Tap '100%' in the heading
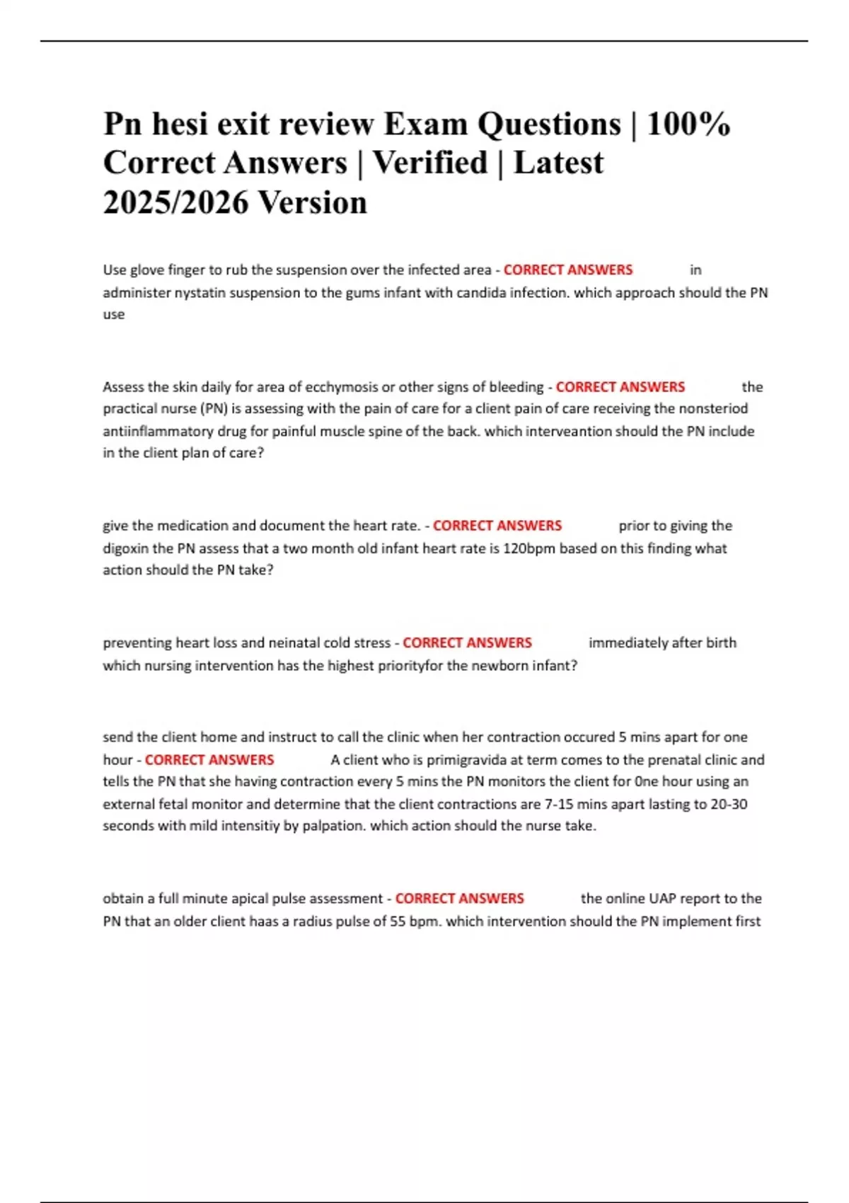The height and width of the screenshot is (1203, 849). coord(688,125)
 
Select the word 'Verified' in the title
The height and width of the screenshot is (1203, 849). coord(430,163)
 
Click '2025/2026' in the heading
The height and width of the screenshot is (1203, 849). coord(175,203)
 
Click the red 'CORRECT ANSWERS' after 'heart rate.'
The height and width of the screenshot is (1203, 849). coord(497,526)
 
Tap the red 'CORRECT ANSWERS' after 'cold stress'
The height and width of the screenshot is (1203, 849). coord(467,643)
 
